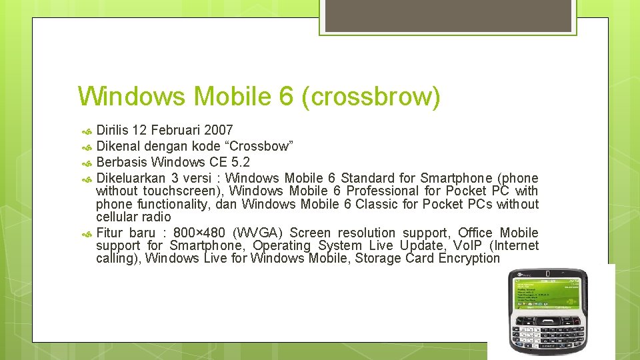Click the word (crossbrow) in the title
pyautogui.click(x=371, y=97)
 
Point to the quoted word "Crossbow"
pyautogui.click(x=259, y=146)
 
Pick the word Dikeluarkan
pyautogui.click(x=130, y=178)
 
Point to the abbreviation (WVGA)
pyautogui.click(x=258, y=233)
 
